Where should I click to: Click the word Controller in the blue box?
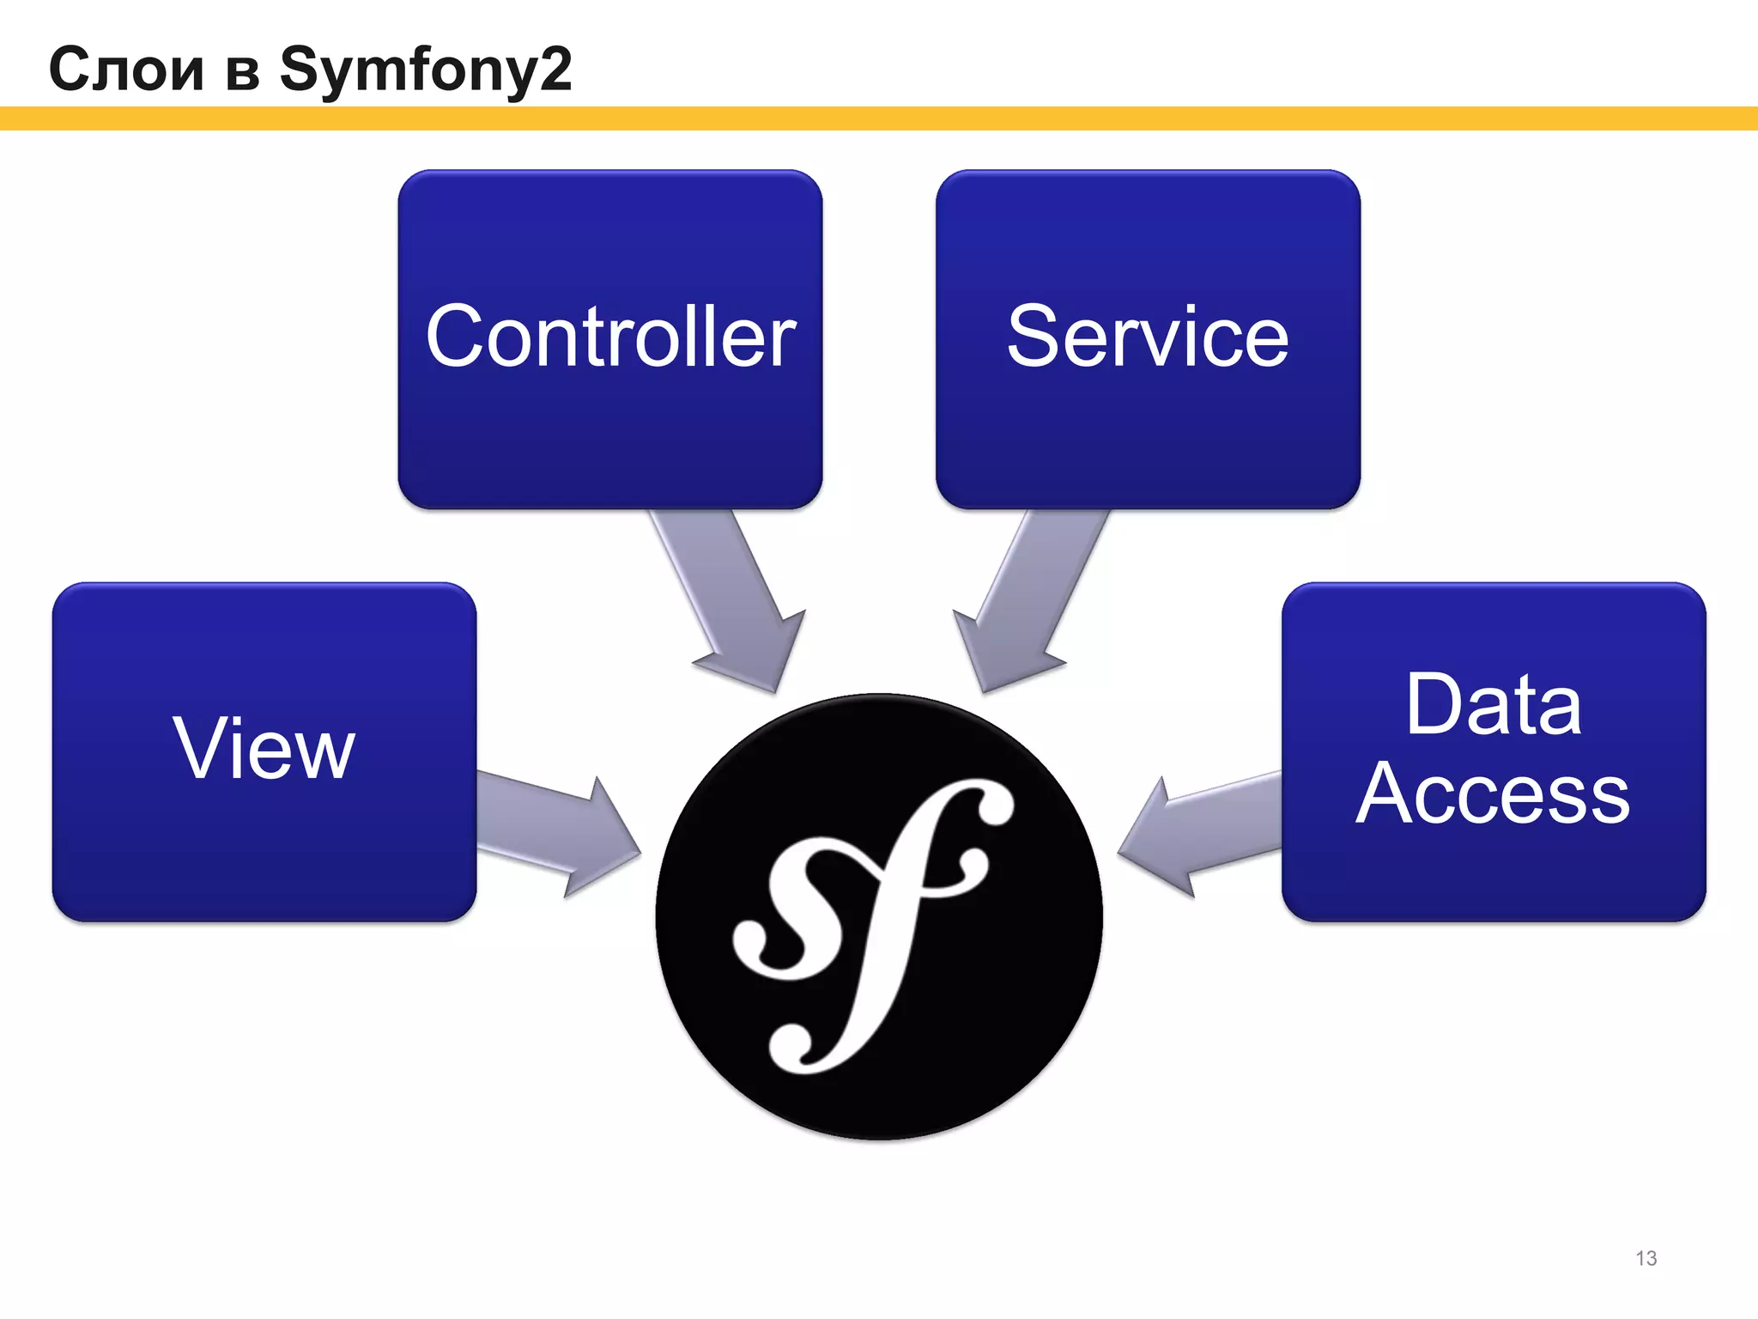610,337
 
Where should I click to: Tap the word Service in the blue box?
1148,337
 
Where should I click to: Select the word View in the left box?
264,749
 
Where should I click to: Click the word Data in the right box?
1493,705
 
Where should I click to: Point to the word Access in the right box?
1493,794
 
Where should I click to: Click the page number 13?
1646,1258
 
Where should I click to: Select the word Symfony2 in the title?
425,69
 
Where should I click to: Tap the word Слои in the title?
126,69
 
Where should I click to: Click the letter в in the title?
243,72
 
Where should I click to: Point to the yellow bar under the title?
879,119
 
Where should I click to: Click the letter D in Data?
1434,705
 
